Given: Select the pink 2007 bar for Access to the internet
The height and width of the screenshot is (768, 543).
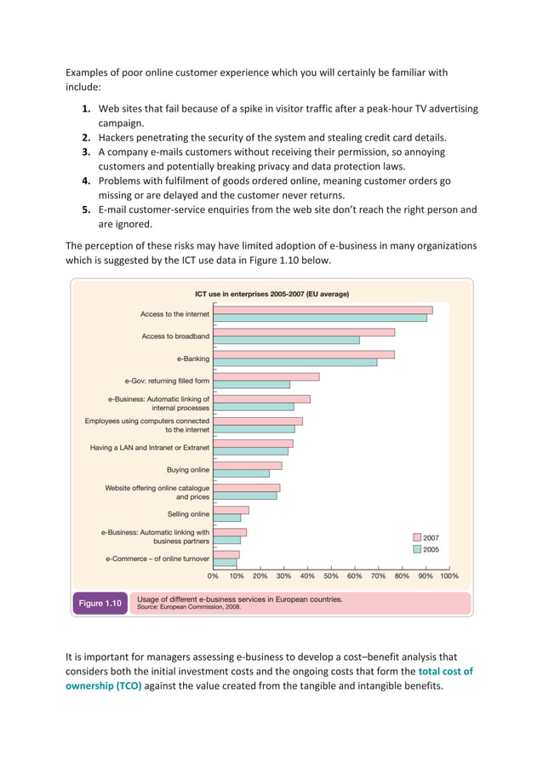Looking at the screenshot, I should coord(323,310).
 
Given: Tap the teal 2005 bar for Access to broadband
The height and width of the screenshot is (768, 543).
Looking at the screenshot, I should coord(286,340).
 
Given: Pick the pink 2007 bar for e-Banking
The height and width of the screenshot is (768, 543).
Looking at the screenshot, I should coord(304,354).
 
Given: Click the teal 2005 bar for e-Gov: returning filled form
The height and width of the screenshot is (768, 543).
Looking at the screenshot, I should coord(251,384).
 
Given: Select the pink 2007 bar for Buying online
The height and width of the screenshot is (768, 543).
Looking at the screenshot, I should coord(247,466).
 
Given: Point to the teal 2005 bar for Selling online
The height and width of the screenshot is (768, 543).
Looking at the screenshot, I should coord(226,518).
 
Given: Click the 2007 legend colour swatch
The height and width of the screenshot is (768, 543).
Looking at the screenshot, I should coord(417,538).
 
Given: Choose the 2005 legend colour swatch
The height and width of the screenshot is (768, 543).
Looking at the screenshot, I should coord(417,550).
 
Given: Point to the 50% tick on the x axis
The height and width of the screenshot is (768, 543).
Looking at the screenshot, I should coord(330,576).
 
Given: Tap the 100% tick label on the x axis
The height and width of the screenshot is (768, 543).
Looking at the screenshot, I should coord(449,576).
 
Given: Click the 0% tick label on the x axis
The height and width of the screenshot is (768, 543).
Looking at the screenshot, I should coord(214,576).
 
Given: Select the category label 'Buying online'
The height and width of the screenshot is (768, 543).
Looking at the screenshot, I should coord(188,469).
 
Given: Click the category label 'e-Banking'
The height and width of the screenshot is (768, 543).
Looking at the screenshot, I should coord(193,358).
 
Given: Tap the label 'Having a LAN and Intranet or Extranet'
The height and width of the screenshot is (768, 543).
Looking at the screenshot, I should coord(150,447).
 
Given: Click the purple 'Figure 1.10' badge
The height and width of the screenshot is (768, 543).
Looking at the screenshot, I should coord(100,603).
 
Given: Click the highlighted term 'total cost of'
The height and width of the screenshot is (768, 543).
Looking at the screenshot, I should coord(446,671).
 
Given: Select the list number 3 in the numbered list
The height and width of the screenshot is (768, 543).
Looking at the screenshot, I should coord(87,152).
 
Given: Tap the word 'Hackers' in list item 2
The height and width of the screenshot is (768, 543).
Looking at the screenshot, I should coord(119,137).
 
